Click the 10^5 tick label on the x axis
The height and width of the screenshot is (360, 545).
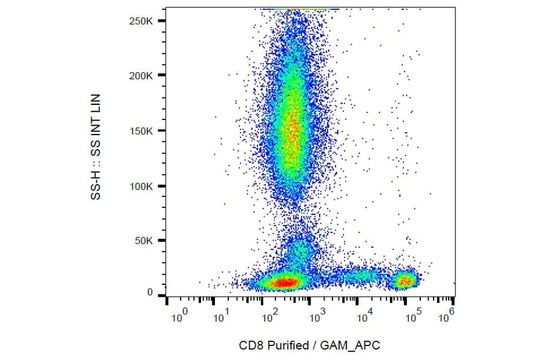point(413,315)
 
